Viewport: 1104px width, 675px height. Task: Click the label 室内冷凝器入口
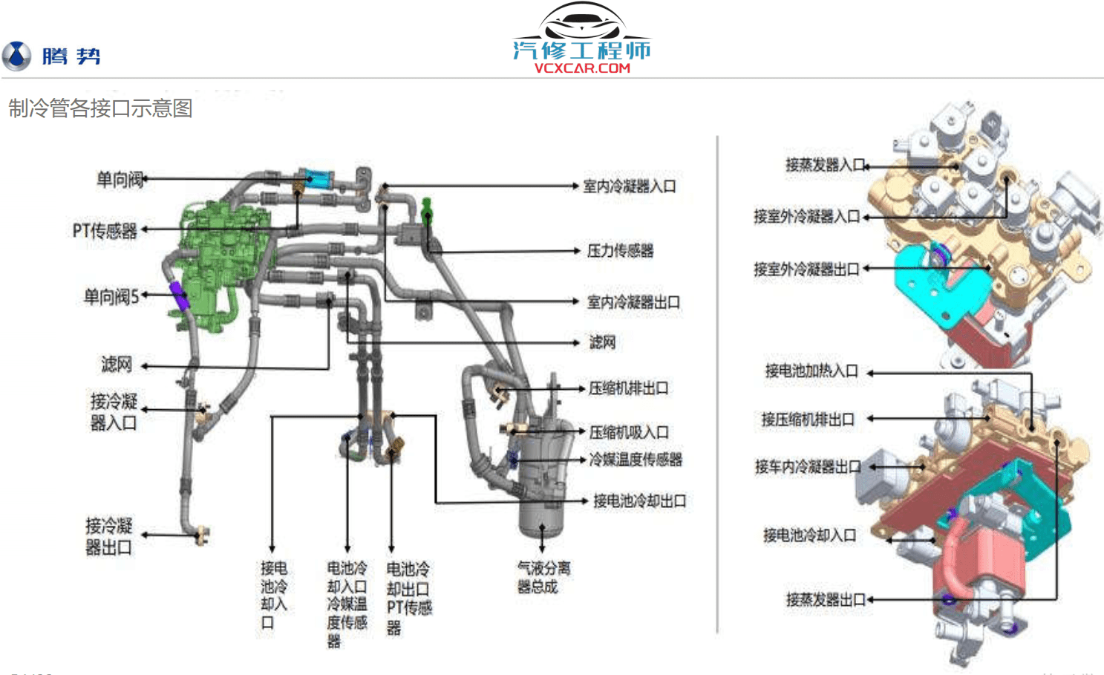tap(629, 186)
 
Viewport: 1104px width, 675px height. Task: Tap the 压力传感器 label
tap(620, 251)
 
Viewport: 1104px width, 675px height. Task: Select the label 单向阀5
tap(111, 297)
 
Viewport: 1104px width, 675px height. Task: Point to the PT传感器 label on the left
tap(105, 231)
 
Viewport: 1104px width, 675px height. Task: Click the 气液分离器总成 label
tap(543, 577)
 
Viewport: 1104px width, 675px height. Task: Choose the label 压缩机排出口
tap(628, 388)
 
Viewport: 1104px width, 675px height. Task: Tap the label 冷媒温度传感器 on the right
tap(635, 460)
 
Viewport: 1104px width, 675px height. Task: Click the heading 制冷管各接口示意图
tap(100, 108)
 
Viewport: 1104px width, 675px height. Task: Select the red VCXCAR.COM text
tap(582, 68)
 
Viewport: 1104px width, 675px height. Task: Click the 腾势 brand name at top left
tap(71, 56)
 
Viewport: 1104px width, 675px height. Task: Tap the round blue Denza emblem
tap(16, 56)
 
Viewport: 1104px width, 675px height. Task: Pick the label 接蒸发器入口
tap(825, 165)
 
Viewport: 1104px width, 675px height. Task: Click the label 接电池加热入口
tap(811, 371)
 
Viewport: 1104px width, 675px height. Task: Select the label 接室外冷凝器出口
tap(806, 269)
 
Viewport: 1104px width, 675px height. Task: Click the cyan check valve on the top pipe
tap(317, 178)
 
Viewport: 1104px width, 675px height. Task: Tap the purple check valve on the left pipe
tap(179, 294)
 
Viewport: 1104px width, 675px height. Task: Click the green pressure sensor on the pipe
tap(427, 210)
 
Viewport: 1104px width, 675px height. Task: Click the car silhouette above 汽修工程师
tap(581, 21)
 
